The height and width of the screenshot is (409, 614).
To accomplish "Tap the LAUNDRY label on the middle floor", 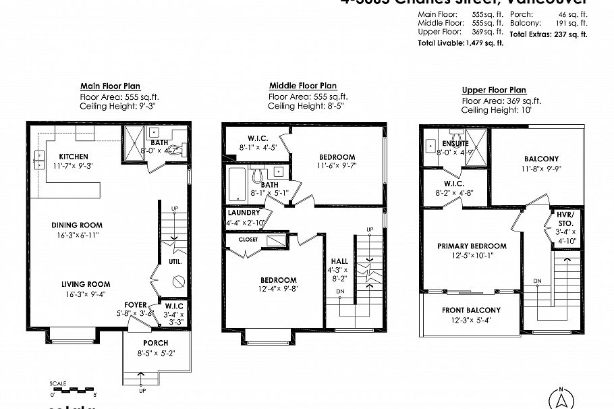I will [x=244, y=213].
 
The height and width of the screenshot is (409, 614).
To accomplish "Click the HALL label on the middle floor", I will [x=339, y=261].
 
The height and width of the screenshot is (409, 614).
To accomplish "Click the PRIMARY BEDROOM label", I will [x=472, y=246].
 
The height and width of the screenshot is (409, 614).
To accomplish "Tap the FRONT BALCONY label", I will [x=472, y=310].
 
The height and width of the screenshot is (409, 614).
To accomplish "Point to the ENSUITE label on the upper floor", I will [x=455, y=144].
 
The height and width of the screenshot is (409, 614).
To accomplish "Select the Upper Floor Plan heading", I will [x=494, y=90].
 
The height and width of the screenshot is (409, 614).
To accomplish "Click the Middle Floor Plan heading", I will [x=302, y=86].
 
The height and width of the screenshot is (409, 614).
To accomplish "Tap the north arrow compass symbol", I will [x=560, y=397].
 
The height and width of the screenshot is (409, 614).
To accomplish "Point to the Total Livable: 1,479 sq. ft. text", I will [x=460, y=43].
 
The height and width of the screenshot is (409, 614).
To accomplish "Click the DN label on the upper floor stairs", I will [x=536, y=280].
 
